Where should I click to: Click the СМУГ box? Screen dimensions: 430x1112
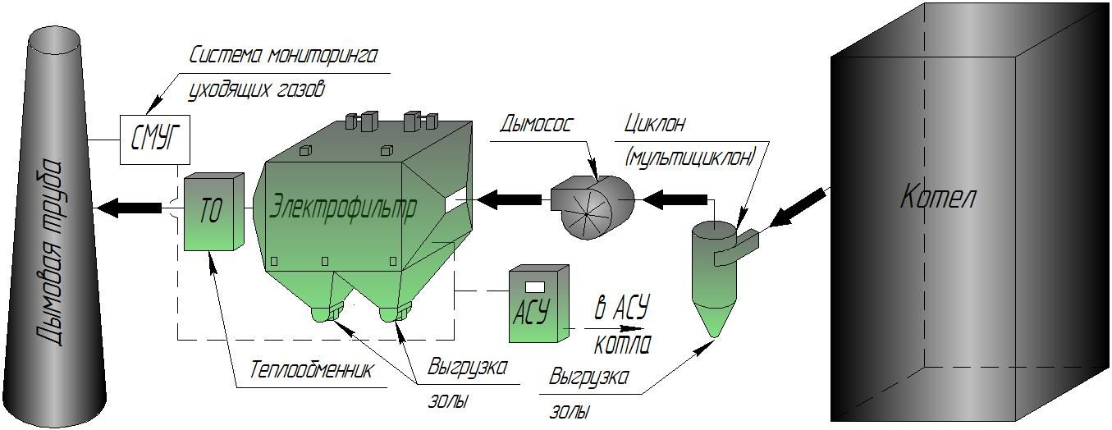coord(155,140)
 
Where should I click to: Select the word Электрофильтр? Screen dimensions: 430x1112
coord(343,206)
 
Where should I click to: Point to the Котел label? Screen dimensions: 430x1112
coord(939,198)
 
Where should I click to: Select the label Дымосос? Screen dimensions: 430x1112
coord(537,125)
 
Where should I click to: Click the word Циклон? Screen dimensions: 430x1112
coord(654,125)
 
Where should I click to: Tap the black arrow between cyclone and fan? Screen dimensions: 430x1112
coord(675,199)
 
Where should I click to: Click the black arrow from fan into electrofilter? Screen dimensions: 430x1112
coord(510,199)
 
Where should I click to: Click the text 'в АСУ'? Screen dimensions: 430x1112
coord(621,310)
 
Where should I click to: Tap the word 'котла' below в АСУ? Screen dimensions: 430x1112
coord(620,342)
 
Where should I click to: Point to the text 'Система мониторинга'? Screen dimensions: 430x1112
coord(283,56)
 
